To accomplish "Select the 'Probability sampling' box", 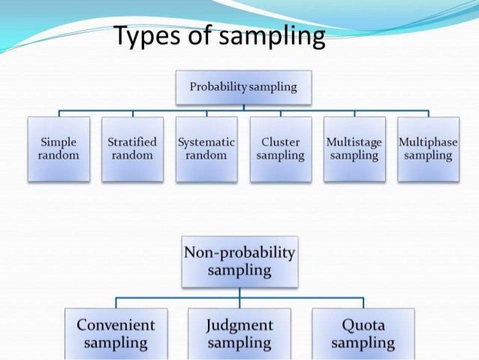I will (x=243, y=87).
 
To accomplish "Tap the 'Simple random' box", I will (x=58, y=149).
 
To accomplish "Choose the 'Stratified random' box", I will (x=132, y=149).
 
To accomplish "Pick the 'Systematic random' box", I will (x=206, y=149).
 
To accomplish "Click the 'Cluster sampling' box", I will (x=280, y=149).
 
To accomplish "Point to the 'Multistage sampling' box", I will (x=354, y=149).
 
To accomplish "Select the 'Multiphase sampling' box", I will (x=428, y=149).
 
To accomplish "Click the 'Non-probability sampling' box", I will (x=239, y=261).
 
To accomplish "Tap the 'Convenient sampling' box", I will (x=116, y=333).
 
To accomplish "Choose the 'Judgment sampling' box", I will (x=239, y=333).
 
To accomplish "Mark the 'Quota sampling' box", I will (x=363, y=333).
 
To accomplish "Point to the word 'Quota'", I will (x=363, y=325).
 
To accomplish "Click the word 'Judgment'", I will (x=239, y=325).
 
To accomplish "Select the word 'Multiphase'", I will (x=428, y=141).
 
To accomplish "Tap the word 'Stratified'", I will (x=132, y=141).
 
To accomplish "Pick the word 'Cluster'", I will (x=280, y=141).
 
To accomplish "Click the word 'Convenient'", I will (x=116, y=325).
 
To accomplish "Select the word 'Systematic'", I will (x=206, y=141).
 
